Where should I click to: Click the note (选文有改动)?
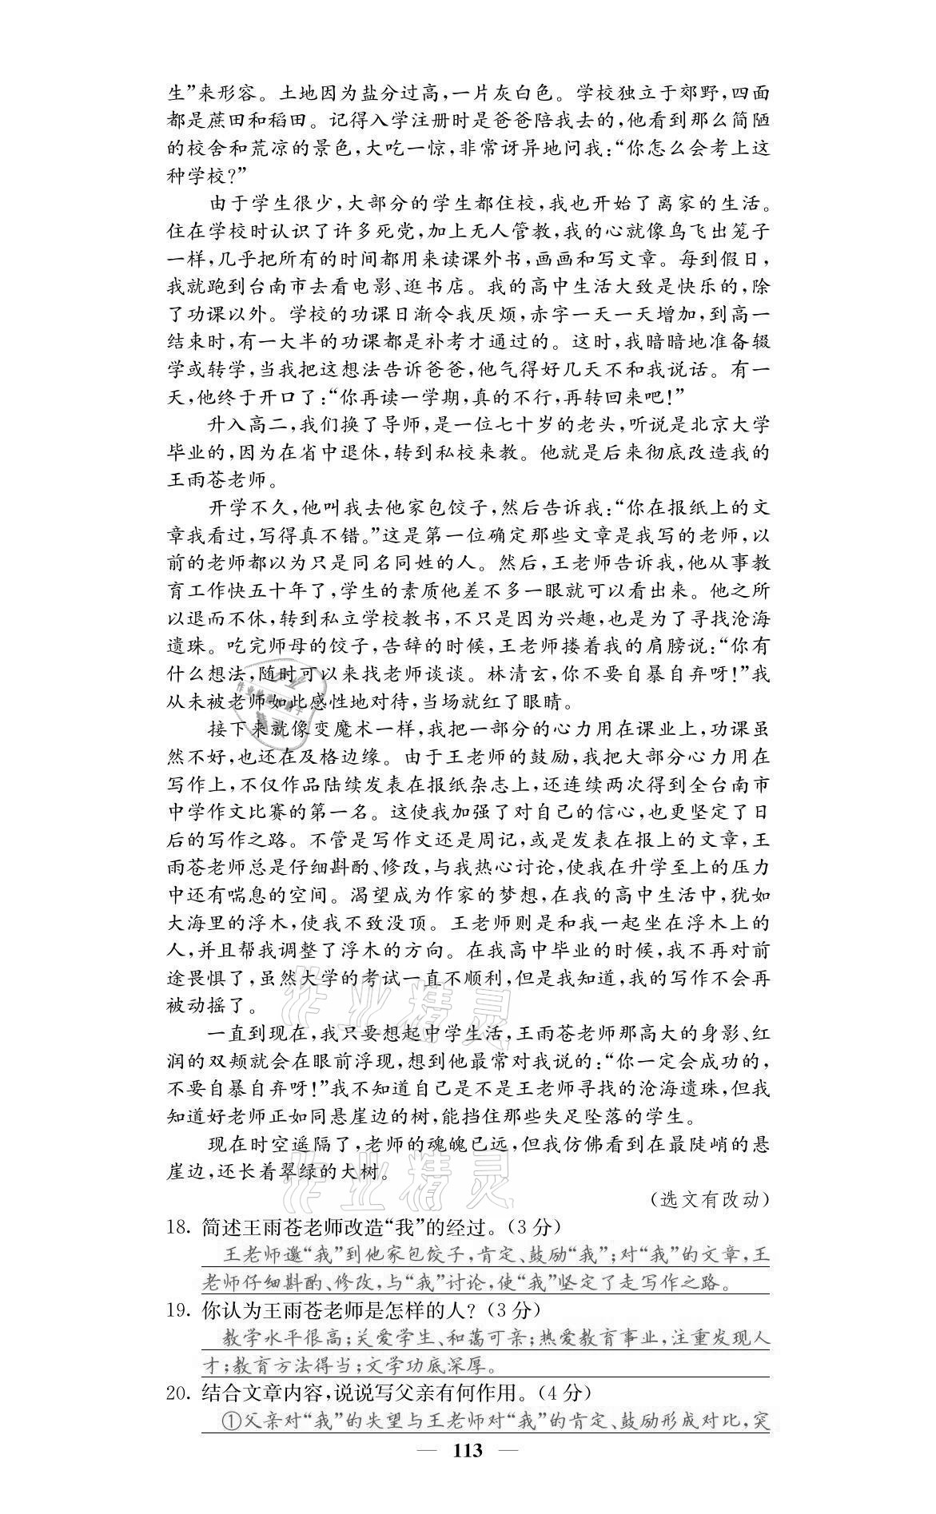710,1198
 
